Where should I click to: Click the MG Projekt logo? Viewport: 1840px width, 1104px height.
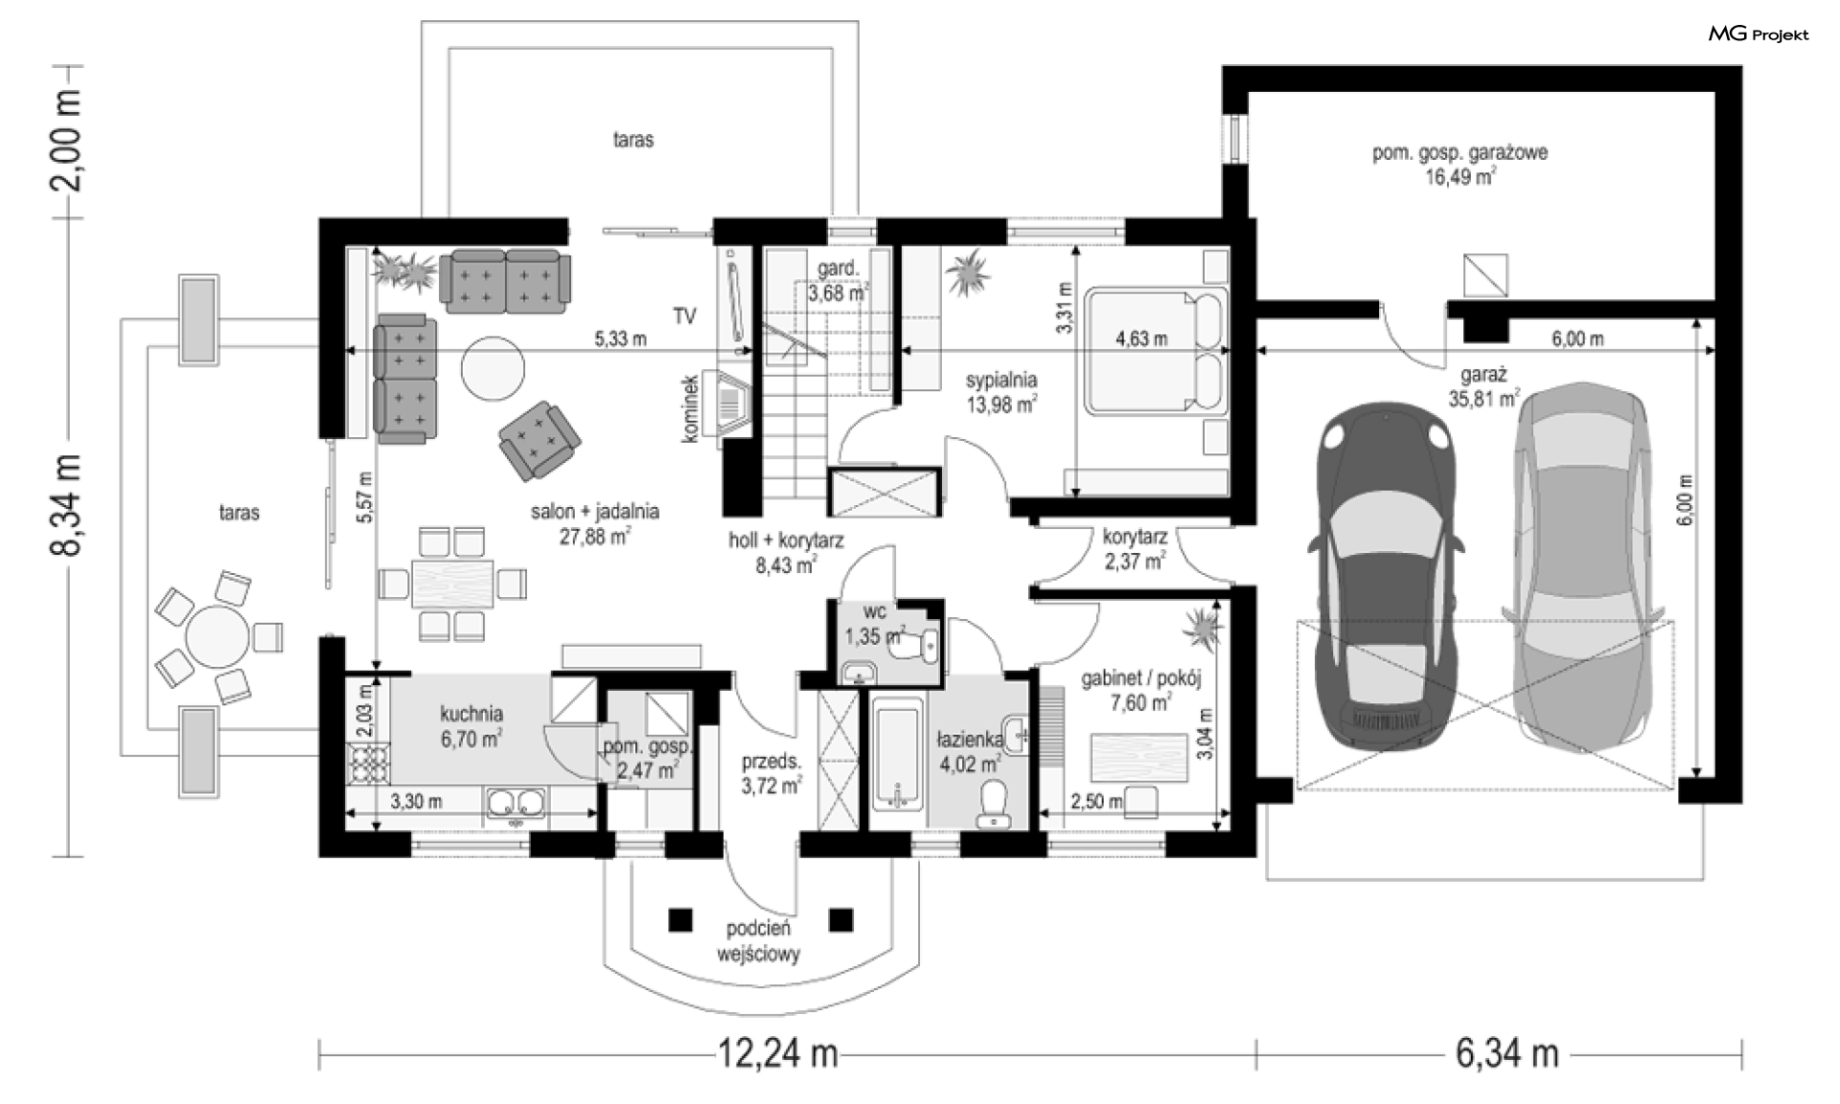pos(1759,34)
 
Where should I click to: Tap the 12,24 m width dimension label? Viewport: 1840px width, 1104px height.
pos(778,1054)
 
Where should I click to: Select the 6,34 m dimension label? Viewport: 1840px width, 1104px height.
pos(1507,1054)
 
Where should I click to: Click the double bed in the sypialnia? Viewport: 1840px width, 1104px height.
pos(1156,353)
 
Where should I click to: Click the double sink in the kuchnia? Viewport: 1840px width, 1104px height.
pos(517,805)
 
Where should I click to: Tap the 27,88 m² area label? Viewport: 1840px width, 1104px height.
pos(595,537)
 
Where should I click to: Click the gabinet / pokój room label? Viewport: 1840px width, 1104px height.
pos(1140,678)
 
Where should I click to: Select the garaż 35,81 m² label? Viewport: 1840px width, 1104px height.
pos(1483,386)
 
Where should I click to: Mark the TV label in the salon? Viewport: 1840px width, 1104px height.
pos(684,316)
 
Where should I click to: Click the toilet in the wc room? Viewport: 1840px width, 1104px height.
pos(914,648)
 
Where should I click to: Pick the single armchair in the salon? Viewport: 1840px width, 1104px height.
pos(539,439)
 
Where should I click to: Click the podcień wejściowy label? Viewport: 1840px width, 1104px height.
pos(758,941)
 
